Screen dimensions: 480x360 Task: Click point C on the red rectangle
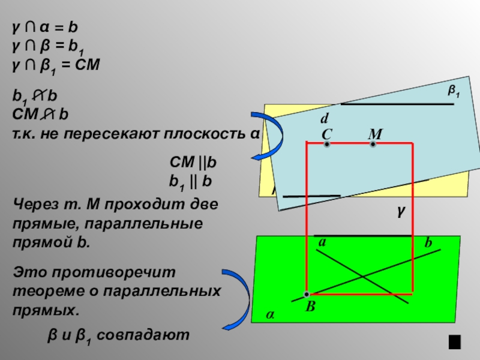(x=326, y=144)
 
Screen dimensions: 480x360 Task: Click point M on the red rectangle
(x=373, y=144)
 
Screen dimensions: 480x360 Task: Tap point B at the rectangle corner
(x=307, y=294)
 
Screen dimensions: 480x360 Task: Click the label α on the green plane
(x=270, y=314)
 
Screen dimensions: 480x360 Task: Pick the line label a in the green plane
(x=322, y=243)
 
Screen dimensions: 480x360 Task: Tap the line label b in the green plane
(x=428, y=243)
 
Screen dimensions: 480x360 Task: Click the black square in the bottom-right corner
(x=454, y=342)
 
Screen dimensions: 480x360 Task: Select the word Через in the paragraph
(x=32, y=203)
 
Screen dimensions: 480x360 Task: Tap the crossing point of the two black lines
(x=362, y=276)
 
